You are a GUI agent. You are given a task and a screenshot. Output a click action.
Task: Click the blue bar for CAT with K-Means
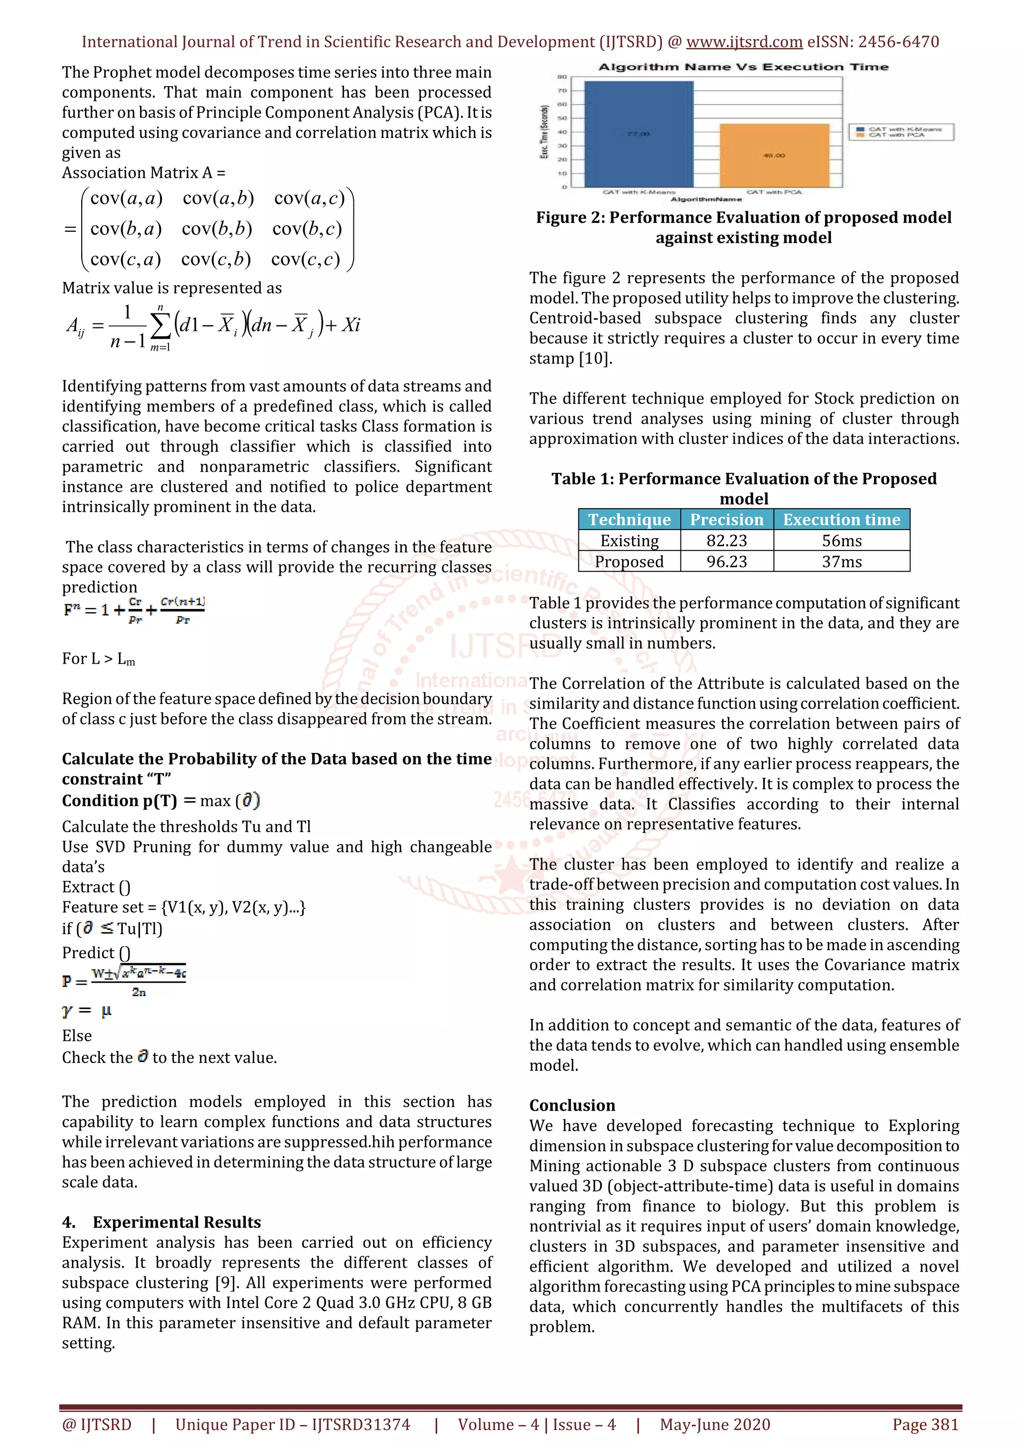click(x=639, y=134)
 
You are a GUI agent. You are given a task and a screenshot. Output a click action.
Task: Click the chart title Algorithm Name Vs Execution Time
click(x=743, y=67)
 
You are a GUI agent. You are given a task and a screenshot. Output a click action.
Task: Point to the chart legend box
click(x=901, y=132)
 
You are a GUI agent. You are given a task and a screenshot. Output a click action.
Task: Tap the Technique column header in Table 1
click(x=629, y=520)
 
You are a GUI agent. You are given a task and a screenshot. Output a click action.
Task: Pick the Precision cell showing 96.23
click(x=726, y=562)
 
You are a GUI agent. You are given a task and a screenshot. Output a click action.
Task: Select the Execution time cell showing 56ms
click(x=841, y=541)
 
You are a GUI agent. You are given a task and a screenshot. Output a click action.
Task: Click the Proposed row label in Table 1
click(x=629, y=562)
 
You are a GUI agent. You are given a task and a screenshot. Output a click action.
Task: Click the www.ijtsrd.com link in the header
click(x=744, y=42)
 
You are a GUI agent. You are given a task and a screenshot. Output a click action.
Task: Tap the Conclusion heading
click(x=572, y=1105)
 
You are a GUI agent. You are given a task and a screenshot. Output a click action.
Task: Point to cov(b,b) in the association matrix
click(x=216, y=229)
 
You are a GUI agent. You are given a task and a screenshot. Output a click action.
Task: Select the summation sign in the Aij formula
click(x=161, y=326)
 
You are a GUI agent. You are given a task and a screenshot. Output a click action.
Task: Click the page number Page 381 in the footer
click(x=925, y=1425)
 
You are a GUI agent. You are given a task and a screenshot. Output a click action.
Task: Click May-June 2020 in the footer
click(x=714, y=1425)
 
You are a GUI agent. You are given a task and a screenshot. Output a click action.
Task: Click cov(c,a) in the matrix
click(x=125, y=259)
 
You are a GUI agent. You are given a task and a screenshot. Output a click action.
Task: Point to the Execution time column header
click(x=841, y=520)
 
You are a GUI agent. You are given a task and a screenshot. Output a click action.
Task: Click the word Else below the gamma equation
click(x=77, y=1035)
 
